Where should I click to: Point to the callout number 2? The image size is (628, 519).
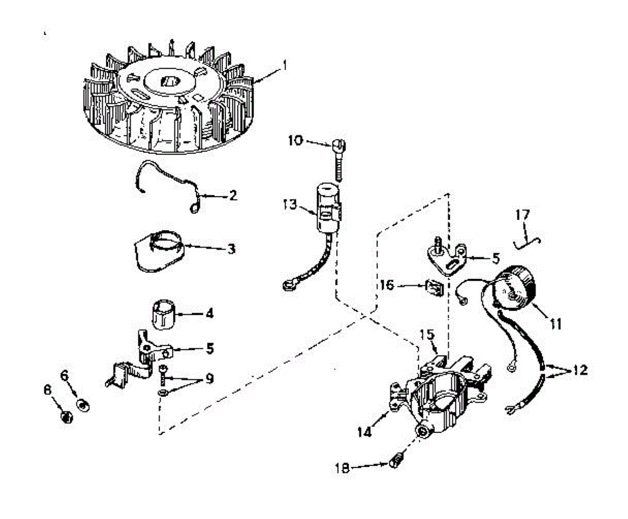[232, 196]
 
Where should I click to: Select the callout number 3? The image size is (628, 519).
[230, 248]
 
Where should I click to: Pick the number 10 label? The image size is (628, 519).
[295, 141]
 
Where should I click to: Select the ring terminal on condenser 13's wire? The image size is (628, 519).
[287, 285]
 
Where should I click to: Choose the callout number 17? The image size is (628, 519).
[523, 215]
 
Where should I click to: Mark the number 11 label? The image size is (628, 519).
[555, 325]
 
